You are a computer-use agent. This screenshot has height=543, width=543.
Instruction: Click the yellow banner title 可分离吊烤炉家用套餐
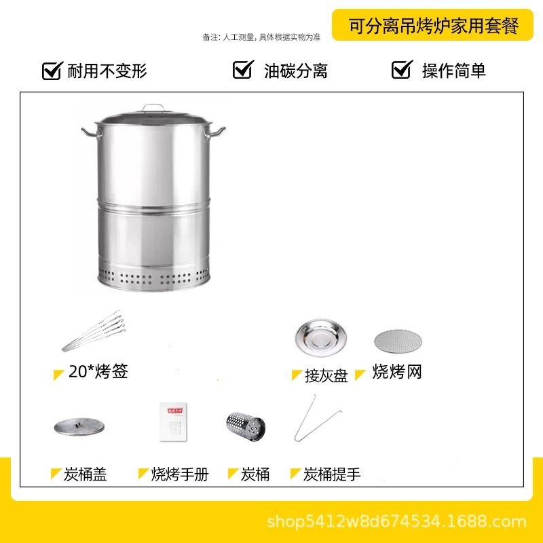click(433, 26)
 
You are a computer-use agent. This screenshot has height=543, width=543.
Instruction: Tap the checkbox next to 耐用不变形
click(52, 71)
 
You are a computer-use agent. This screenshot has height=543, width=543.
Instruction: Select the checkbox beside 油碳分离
click(243, 69)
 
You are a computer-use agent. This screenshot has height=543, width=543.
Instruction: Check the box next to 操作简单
click(402, 69)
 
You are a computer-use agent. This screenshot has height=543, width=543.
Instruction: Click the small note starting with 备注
click(261, 37)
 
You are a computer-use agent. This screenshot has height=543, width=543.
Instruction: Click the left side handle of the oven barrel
click(92, 132)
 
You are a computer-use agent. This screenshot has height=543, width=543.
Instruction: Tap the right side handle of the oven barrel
click(215, 132)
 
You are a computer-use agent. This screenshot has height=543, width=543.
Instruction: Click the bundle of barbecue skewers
click(94, 331)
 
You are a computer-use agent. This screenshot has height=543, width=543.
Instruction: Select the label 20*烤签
click(98, 371)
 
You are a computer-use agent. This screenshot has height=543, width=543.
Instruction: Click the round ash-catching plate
click(320, 337)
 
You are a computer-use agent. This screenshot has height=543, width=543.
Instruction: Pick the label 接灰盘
click(326, 376)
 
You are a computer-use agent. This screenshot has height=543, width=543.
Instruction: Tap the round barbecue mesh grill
click(398, 341)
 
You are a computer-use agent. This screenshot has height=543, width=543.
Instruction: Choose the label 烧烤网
click(397, 372)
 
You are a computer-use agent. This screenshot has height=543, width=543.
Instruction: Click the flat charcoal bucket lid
click(79, 427)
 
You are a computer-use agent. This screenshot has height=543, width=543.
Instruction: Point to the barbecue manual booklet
click(173, 422)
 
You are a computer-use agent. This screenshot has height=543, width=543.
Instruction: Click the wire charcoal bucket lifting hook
click(317, 418)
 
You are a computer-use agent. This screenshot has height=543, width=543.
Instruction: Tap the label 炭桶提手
click(332, 474)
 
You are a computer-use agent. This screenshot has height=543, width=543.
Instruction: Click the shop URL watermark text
click(396, 521)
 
